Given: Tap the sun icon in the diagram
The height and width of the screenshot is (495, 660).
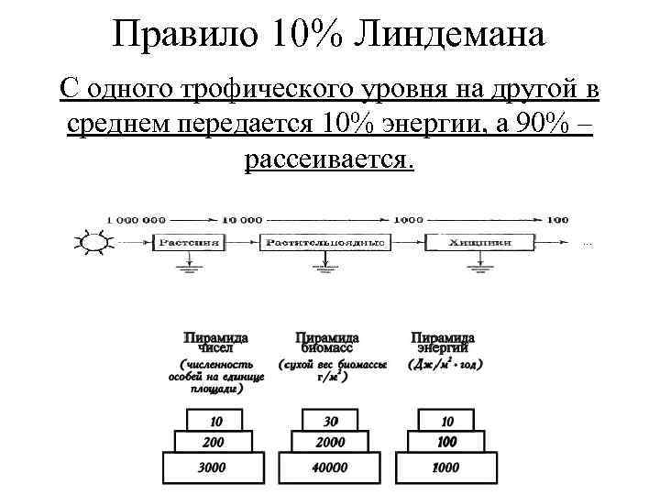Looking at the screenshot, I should point(92,242).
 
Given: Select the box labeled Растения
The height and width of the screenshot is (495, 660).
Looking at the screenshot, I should point(188,242).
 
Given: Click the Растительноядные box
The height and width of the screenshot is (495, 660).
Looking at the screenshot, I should point(324,242).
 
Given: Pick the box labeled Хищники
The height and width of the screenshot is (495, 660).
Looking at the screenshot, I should point(478,242).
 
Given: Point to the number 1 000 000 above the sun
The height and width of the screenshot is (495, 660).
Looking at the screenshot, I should point(137,220).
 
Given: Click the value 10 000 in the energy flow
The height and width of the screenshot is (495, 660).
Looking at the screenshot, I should point(242,220).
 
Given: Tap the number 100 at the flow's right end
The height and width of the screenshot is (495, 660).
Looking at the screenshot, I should point(557,220).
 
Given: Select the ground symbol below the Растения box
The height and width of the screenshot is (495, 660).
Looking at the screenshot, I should point(189,268).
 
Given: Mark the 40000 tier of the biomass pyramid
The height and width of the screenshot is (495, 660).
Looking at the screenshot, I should point(330,467).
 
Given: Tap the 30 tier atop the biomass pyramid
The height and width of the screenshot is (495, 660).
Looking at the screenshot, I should point(330,421).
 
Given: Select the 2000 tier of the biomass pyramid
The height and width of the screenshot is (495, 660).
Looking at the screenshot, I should point(330,442).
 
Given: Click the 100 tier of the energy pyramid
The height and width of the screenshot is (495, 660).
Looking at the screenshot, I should point(446,442).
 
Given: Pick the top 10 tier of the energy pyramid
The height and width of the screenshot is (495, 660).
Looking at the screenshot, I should point(446,421).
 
